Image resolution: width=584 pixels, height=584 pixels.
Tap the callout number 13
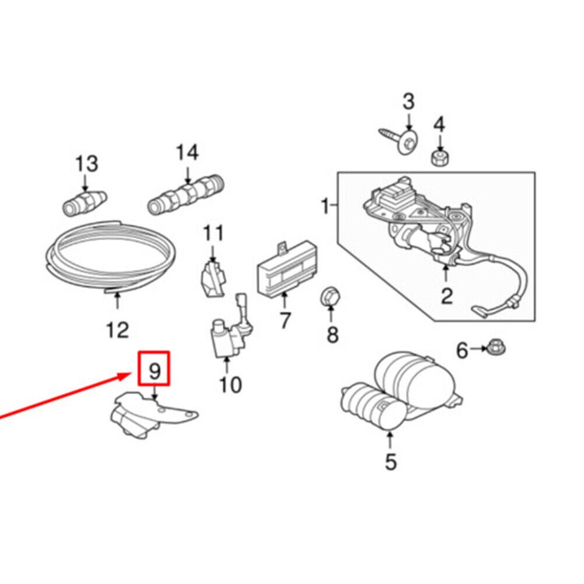[x=86, y=164]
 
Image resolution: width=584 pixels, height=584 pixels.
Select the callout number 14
[x=187, y=153]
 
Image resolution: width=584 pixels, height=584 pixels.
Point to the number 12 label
[x=117, y=330]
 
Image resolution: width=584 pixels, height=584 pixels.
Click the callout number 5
[x=391, y=462]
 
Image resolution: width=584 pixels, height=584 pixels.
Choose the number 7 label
[x=285, y=320]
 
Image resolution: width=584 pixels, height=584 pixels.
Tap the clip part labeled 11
[x=212, y=278]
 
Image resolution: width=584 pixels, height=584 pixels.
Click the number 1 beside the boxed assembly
[x=325, y=207]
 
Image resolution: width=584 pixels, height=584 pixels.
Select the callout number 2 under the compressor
[x=447, y=296]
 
